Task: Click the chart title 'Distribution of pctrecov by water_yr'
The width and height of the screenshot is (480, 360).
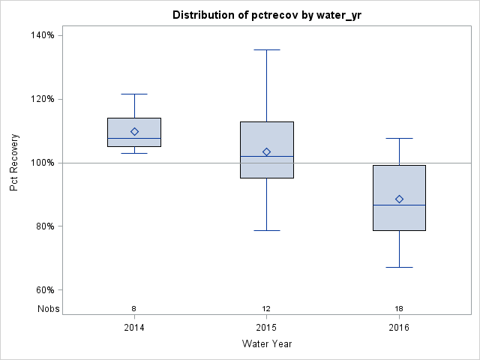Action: tap(266, 15)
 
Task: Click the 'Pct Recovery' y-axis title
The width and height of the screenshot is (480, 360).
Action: tap(14, 163)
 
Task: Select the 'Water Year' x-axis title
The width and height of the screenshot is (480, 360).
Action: tap(266, 344)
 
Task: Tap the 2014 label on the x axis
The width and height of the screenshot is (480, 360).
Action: tap(134, 328)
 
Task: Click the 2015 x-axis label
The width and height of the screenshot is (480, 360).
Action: tap(266, 328)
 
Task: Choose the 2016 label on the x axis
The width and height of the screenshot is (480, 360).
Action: tap(399, 328)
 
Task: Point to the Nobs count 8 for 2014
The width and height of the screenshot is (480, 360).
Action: tap(134, 308)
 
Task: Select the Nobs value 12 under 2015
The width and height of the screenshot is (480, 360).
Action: tap(266, 308)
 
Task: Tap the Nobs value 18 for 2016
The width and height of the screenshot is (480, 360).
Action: tap(399, 308)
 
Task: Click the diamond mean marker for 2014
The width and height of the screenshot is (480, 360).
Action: tap(134, 131)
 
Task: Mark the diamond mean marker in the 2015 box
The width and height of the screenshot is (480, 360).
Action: tap(266, 151)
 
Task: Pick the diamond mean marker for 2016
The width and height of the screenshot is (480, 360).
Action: tap(399, 199)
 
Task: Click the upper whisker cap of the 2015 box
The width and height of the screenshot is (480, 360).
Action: tap(266, 49)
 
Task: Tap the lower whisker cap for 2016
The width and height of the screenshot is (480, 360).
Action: tap(399, 267)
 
